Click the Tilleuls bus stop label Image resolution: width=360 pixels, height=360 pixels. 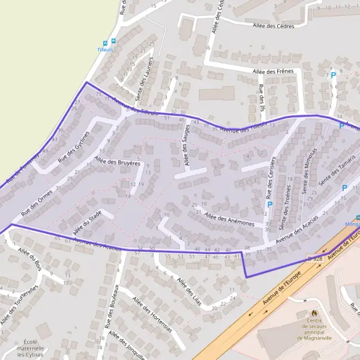click(x=106, y=50)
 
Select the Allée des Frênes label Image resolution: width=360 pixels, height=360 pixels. click(x=273, y=72)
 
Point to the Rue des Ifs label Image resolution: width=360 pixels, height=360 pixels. click(x=260, y=97)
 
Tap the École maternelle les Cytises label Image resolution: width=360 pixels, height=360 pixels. click(x=30, y=349)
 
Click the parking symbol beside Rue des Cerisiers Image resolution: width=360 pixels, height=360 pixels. click(x=269, y=205)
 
